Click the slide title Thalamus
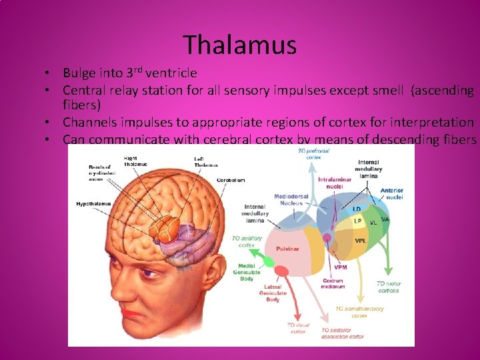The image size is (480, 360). (240, 45)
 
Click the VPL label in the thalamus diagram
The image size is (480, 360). (361, 241)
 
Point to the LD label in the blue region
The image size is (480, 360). (357, 209)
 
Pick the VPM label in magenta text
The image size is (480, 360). (341, 267)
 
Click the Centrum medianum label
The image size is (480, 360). (332, 284)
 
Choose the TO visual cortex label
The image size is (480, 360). (298, 328)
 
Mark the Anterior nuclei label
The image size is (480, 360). (391, 193)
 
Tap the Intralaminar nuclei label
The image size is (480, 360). (335, 182)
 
